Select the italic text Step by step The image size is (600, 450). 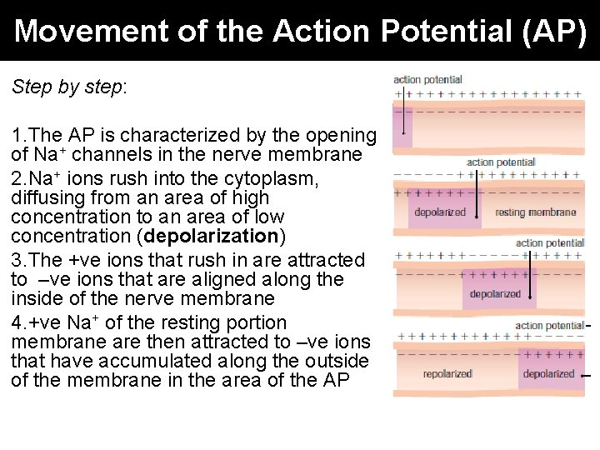coord(67,87)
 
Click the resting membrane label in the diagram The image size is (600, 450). coord(535,212)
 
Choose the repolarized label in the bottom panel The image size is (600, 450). coord(447,374)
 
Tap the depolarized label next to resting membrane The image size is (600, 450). coord(440,212)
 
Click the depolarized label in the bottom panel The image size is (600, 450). coord(548,374)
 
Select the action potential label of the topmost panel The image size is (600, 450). coord(427,80)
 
